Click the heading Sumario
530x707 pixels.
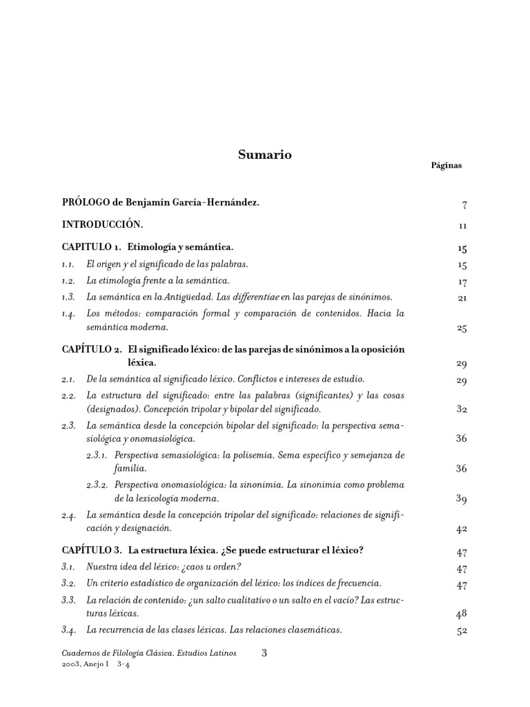pyautogui.click(x=264, y=155)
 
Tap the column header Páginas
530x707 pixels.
pyautogui.click(x=446, y=166)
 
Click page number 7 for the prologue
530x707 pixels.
pyautogui.click(x=464, y=205)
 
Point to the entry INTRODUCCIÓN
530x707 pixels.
pyautogui.click(x=102, y=224)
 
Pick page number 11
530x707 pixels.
pyautogui.click(x=462, y=226)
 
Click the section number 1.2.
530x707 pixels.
pyautogui.click(x=68, y=280)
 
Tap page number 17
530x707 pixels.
pyautogui.click(x=462, y=282)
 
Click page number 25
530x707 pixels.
pyautogui.click(x=462, y=328)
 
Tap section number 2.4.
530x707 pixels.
pyautogui.click(x=68, y=515)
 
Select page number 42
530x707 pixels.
pyautogui.click(x=462, y=530)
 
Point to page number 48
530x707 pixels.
pyautogui.click(x=462, y=614)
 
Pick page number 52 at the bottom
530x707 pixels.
pyautogui.click(x=462, y=630)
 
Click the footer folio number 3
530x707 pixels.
pyautogui.click(x=264, y=652)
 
